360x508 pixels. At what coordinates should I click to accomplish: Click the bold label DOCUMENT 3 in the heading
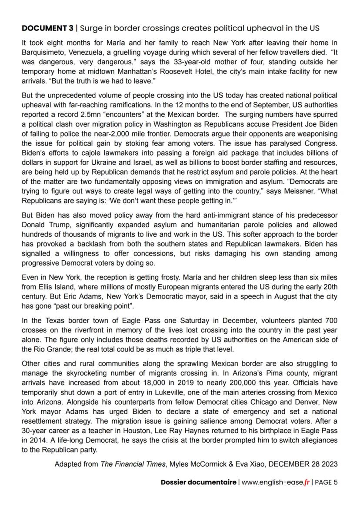(x=47, y=28)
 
